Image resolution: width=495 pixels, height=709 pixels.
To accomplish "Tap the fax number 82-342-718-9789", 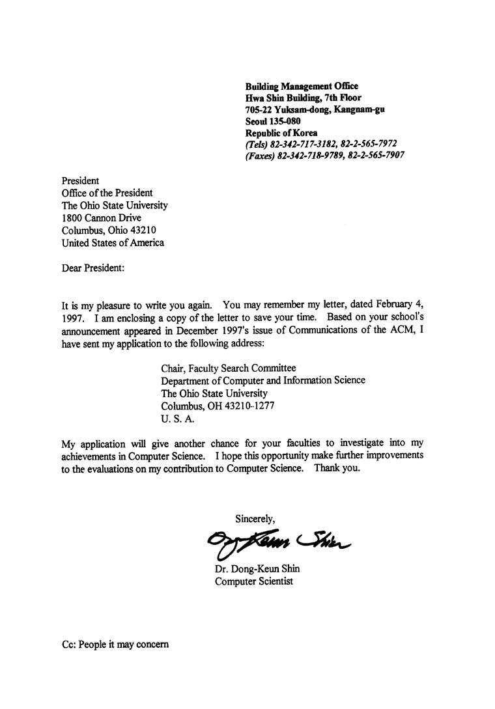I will click(309, 156).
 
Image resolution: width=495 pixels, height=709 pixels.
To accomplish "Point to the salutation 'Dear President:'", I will click(92, 268).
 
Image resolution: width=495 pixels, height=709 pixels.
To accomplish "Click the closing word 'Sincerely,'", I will click(255, 518).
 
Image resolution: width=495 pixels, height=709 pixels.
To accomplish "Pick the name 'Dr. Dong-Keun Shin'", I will click(257, 568).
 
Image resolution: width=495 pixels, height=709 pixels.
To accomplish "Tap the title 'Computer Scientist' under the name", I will click(254, 581).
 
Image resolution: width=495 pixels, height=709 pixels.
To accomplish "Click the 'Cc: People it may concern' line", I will click(115, 645).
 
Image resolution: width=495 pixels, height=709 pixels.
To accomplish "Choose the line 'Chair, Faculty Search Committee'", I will click(228, 368).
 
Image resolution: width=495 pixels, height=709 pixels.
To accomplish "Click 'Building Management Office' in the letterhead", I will click(302, 86).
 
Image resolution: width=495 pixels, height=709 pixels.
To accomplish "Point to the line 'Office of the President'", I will click(107, 193).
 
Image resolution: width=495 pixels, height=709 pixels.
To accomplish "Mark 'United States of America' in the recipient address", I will click(113, 243).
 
